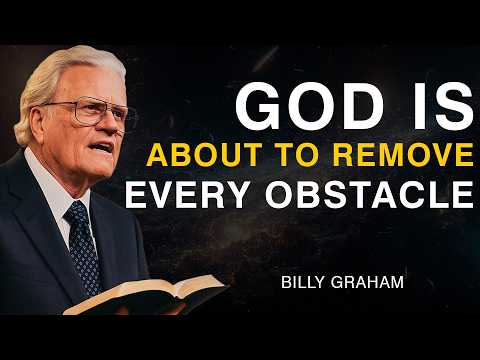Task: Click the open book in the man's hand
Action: point(160,293)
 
